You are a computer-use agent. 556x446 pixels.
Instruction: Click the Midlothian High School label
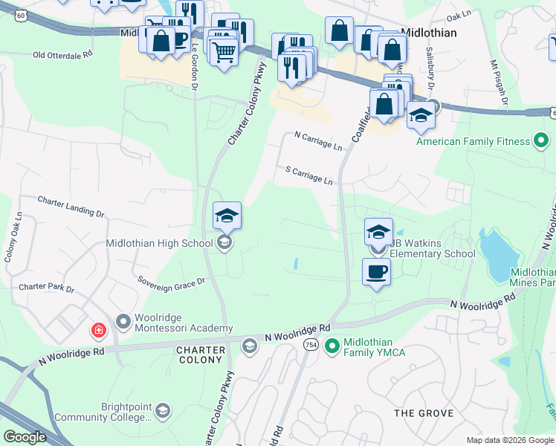[160, 243]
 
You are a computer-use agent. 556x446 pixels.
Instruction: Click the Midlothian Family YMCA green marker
[332, 346]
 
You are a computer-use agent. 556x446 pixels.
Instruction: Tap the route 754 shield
[311, 346]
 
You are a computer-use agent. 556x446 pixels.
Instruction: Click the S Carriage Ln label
[309, 175]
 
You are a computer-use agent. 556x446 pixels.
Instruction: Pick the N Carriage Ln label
[318, 140]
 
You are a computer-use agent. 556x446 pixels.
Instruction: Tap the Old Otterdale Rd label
[62, 54]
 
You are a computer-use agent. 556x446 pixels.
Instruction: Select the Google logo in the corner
[25, 437]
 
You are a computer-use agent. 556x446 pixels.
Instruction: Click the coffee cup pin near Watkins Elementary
[376, 271]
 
